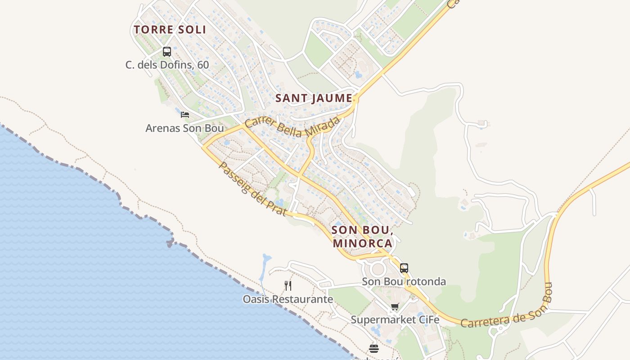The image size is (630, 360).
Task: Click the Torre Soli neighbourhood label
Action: (x=170, y=30)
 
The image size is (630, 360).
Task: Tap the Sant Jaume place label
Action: (x=314, y=98)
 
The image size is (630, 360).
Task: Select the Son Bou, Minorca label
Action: (x=363, y=237)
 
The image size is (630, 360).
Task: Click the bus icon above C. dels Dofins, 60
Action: (x=167, y=52)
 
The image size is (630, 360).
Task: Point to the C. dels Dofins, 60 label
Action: (x=167, y=65)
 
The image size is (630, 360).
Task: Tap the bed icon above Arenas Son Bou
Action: (x=184, y=115)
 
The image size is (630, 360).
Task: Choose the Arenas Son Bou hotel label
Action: (x=184, y=128)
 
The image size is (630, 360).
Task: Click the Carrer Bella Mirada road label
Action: (x=292, y=126)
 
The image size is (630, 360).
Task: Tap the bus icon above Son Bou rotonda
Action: (x=404, y=268)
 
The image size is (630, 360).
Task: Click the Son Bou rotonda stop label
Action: (x=404, y=282)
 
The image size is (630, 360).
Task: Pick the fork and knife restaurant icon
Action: (x=288, y=285)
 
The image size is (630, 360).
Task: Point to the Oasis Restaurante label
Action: (x=288, y=299)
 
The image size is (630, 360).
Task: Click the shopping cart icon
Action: (x=395, y=307)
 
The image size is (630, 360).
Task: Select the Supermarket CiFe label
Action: (x=395, y=320)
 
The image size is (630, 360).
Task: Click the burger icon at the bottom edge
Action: (x=374, y=348)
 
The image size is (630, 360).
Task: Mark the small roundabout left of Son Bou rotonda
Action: (x=377, y=270)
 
